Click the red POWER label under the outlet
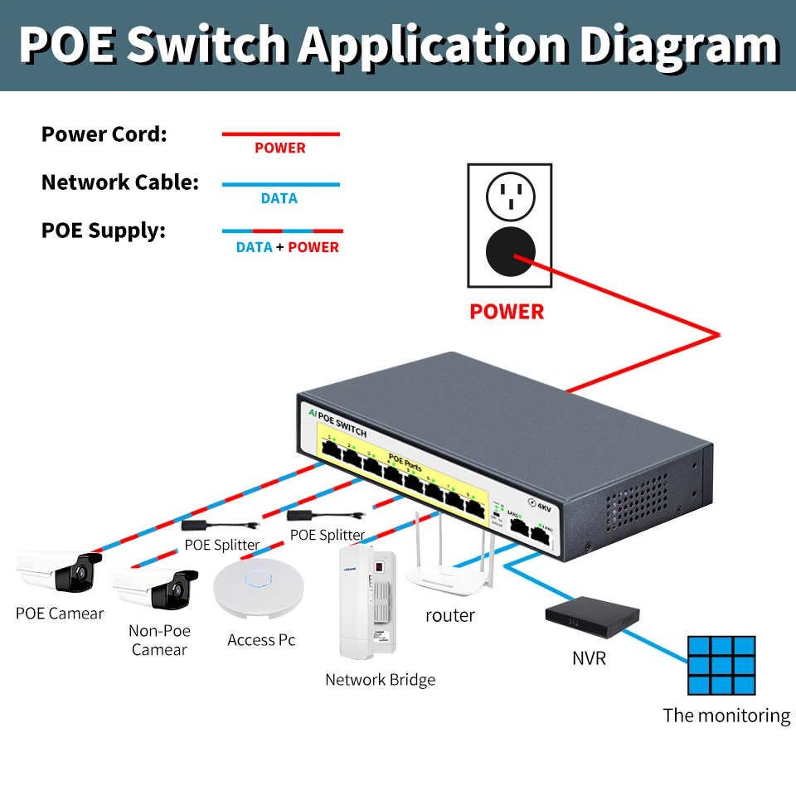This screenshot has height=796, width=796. pyautogui.click(x=507, y=312)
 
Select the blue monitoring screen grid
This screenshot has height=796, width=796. pyautogui.click(x=721, y=665)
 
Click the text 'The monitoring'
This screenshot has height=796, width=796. pyautogui.click(x=726, y=716)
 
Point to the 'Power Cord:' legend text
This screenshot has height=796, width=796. pyautogui.click(x=104, y=134)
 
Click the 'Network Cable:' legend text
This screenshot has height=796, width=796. pyautogui.click(x=120, y=182)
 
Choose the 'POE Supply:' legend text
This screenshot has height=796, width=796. pyautogui.click(x=104, y=231)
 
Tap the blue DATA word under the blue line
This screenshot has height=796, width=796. pyautogui.click(x=279, y=199)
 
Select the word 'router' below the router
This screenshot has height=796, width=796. pyautogui.click(x=450, y=615)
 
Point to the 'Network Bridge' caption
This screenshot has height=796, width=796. pyautogui.click(x=380, y=680)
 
